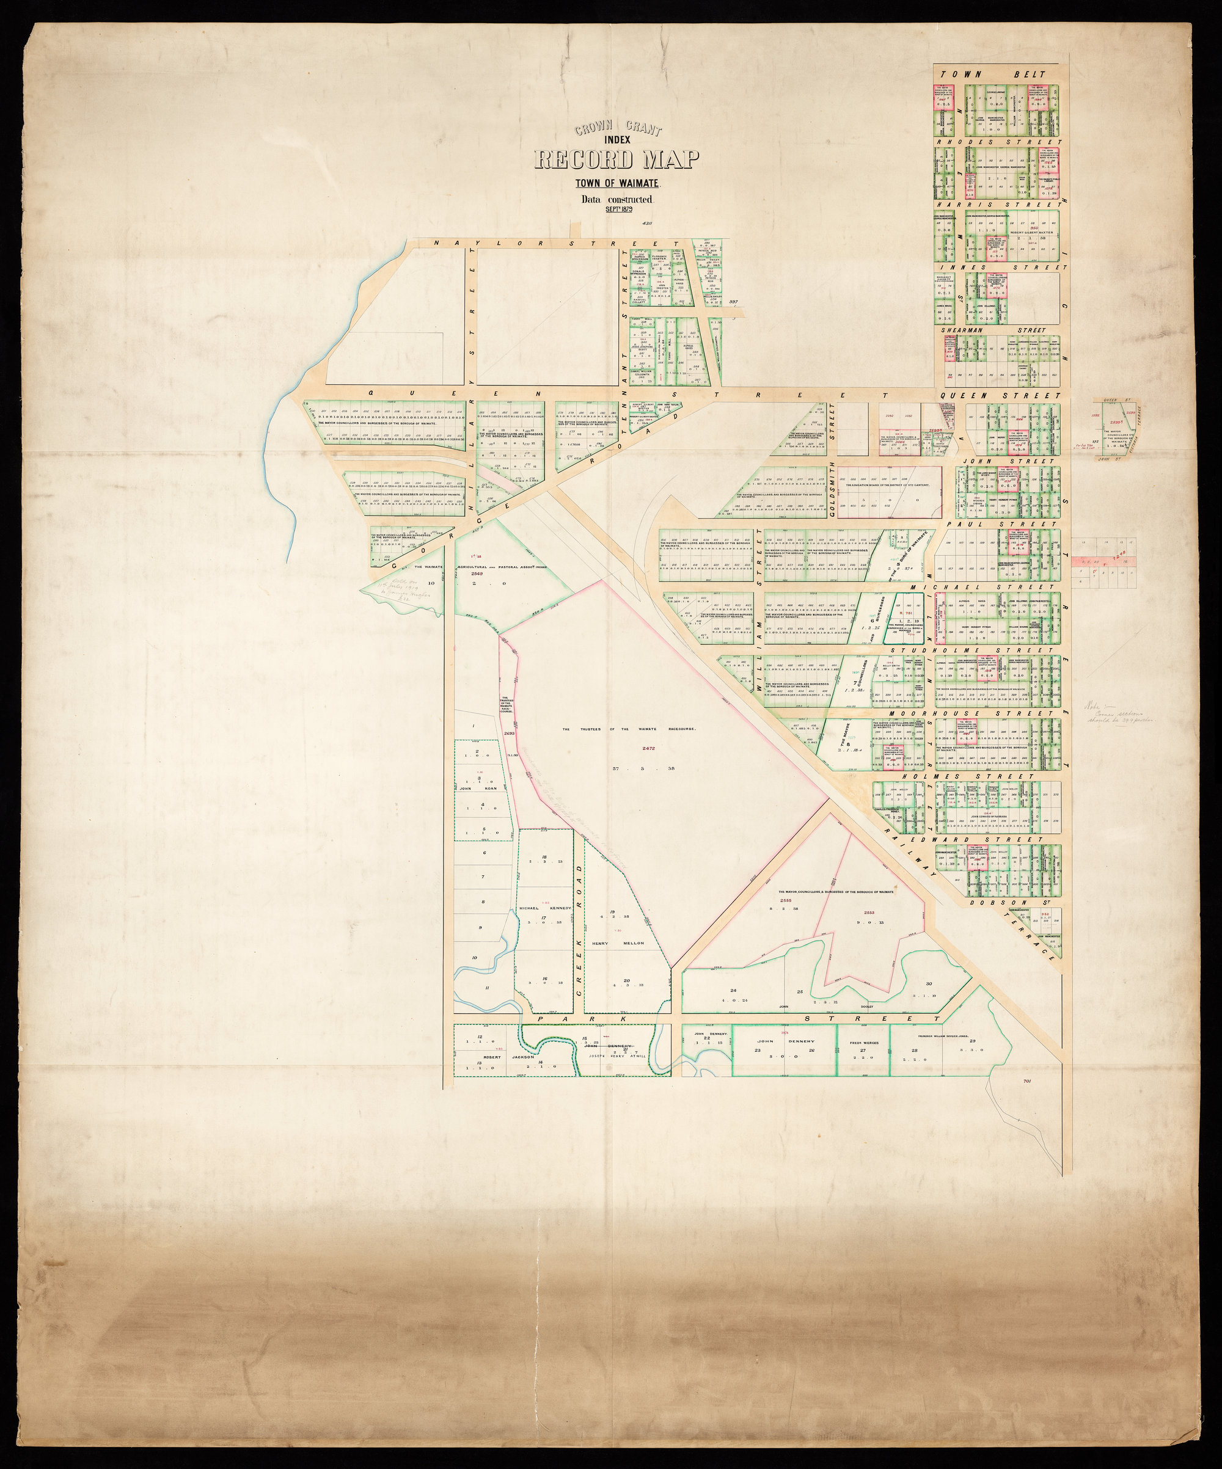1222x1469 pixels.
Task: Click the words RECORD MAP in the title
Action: point(616,160)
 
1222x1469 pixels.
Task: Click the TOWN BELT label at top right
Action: point(997,74)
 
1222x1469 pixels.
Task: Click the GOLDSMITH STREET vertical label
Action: point(832,459)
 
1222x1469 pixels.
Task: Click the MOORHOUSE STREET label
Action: point(997,713)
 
